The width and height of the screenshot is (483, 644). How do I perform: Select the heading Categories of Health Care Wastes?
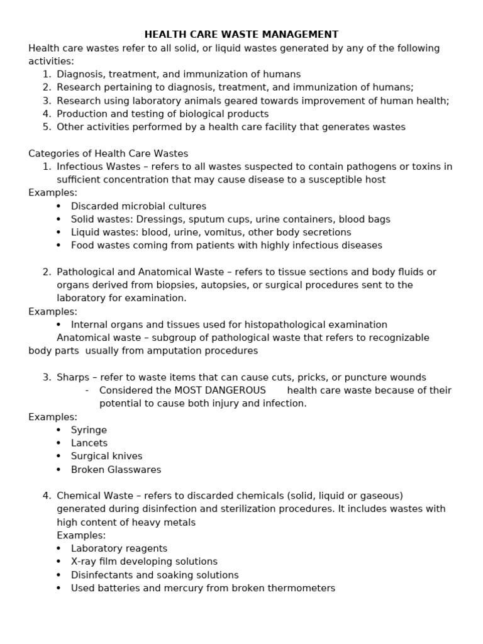108,153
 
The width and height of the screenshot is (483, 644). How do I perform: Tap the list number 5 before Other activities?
47,127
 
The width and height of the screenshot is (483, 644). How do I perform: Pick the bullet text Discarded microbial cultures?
138,206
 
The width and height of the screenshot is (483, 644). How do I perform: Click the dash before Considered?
86,391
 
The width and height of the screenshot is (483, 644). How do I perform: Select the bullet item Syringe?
89,430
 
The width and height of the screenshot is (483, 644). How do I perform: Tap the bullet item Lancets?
89,443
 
